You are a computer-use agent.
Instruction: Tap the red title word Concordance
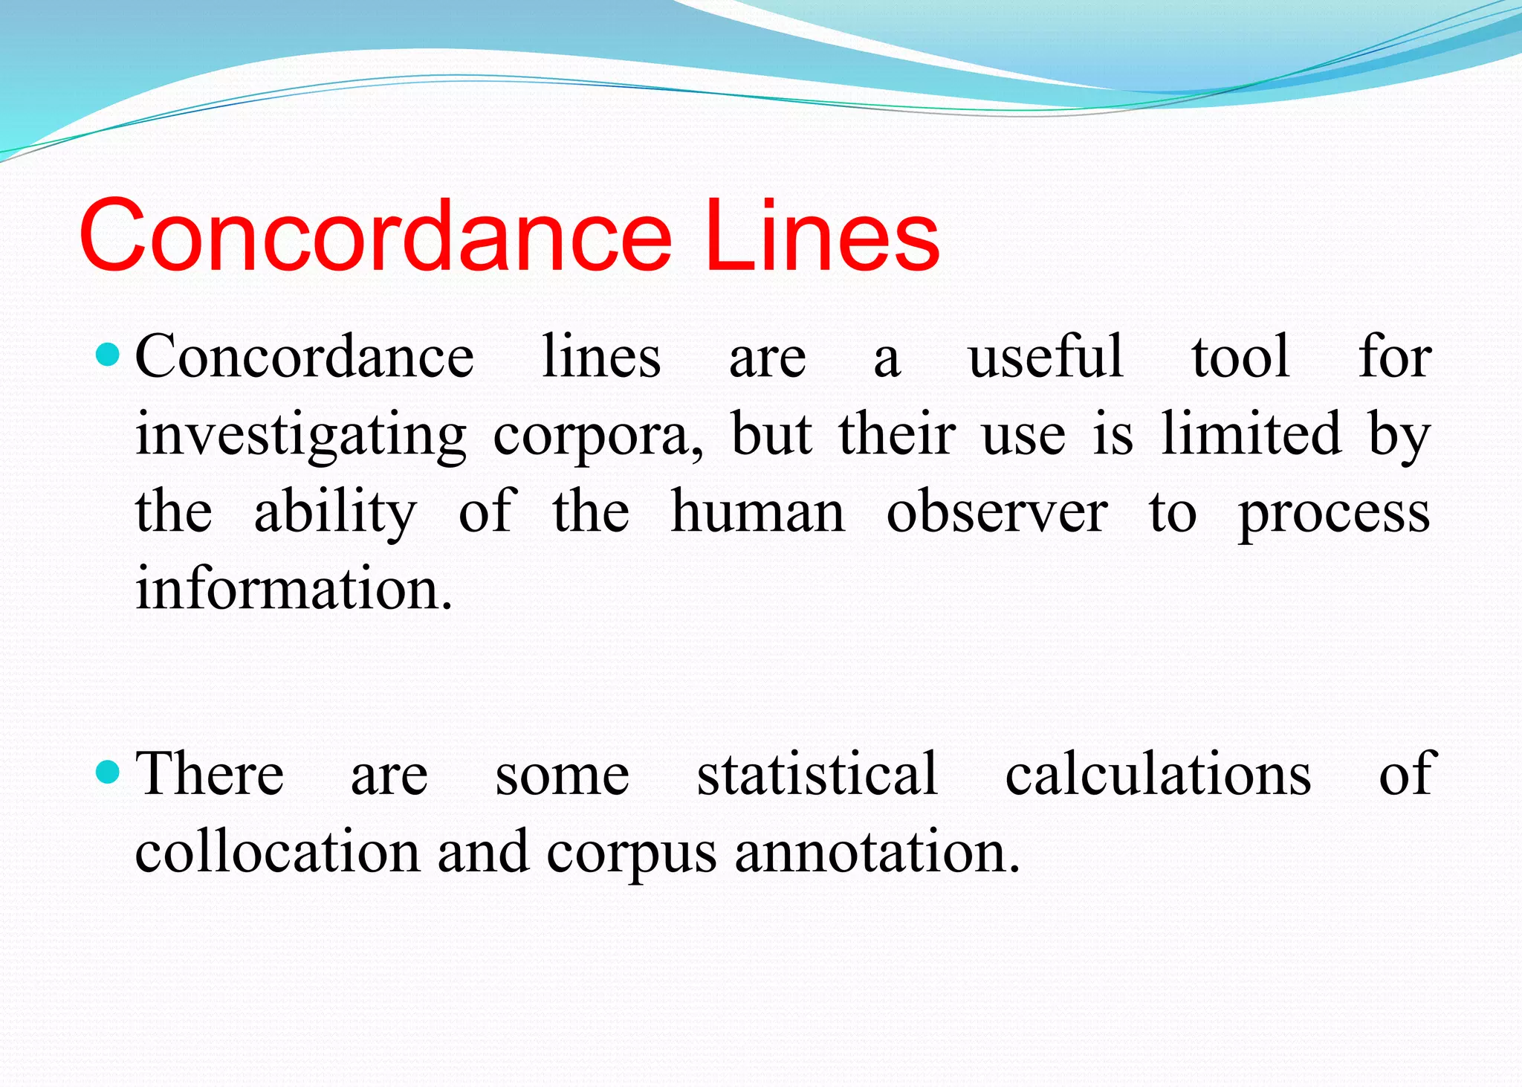pyautogui.click(x=375, y=236)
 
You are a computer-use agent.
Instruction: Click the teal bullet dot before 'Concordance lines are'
pyautogui.click(x=109, y=354)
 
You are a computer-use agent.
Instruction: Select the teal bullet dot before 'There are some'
pyautogui.click(x=109, y=772)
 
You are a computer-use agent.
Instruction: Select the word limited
pyautogui.click(x=1251, y=434)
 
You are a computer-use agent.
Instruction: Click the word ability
pyautogui.click(x=335, y=513)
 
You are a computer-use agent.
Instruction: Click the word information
pyautogui.click(x=294, y=588)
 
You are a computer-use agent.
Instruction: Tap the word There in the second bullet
pyautogui.click(x=210, y=773)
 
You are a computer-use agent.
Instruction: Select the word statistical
pyautogui.click(x=817, y=773)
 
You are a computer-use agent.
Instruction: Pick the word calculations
pyautogui.click(x=1158, y=773)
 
